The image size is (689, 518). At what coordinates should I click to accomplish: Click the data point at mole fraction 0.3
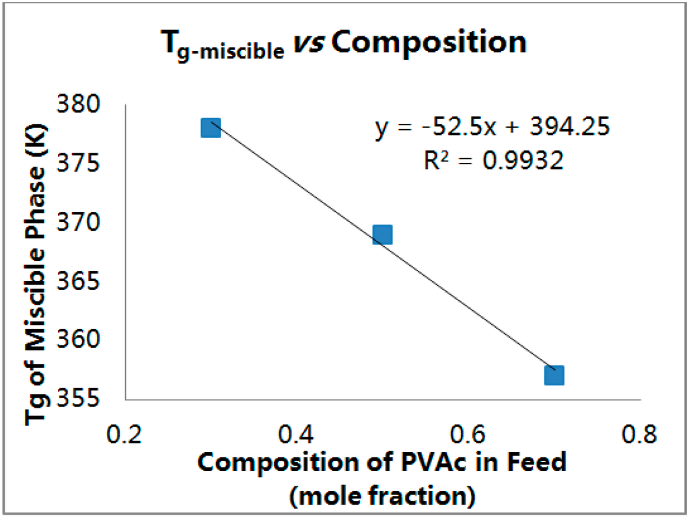211,127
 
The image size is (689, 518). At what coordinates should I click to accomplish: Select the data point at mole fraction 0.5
382,235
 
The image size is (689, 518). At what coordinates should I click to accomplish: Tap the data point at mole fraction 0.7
554,375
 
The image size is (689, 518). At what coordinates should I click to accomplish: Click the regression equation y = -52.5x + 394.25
493,127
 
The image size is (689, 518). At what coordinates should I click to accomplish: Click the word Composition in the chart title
430,42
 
